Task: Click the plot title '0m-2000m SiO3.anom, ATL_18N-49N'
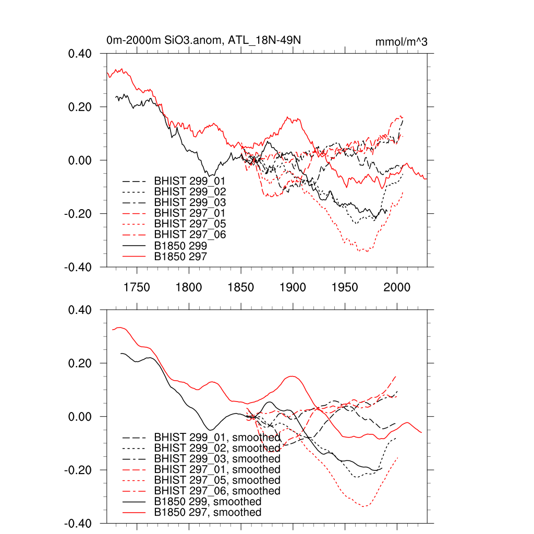[x=203, y=40]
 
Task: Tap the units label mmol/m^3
[x=401, y=42]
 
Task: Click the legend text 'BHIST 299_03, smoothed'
[x=217, y=459]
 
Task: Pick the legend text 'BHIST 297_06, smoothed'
[x=217, y=491]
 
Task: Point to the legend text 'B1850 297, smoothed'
[x=208, y=513]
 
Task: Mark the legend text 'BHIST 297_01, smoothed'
[x=217, y=470]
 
